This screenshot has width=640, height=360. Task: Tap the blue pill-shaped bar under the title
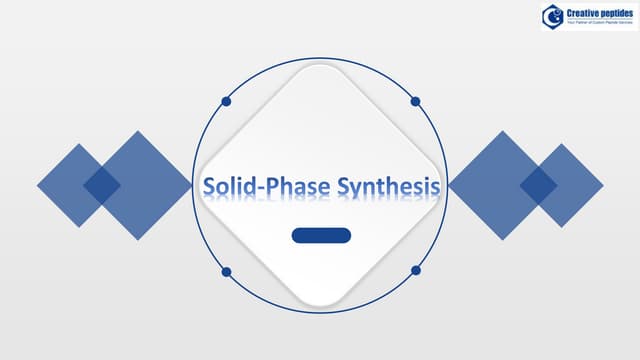pyautogui.click(x=321, y=236)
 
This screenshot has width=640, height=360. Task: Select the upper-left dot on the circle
pyautogui.click(x=227, y=101)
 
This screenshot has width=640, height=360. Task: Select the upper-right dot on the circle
pyautogui.click(x=415, y=101)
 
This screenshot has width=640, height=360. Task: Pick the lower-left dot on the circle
pyautogui.click(x=227, y=271)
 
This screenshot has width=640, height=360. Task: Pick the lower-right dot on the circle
pyautogui.click(x=415, y=271)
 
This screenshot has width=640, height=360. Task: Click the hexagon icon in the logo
pyautogui.click(x=552, y=15)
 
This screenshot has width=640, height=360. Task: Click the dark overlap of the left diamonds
pyautogui.click(x=101, y=184)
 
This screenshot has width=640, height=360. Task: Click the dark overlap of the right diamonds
pyautogui.click(x=538, y=183)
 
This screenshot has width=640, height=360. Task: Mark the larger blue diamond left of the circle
pyautogui.click(x=145, y=185)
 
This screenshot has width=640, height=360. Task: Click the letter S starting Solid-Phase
pyautogui.click(x=210, y=187)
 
